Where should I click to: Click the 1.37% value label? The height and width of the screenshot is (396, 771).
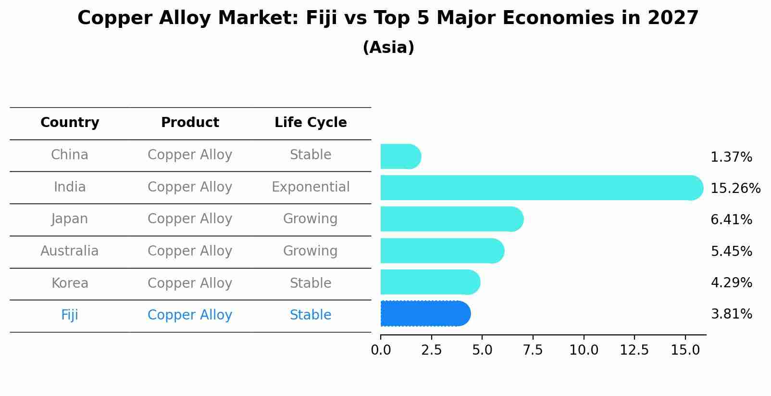tap(731, 157)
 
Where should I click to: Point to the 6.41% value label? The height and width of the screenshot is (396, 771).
tap(731, 220)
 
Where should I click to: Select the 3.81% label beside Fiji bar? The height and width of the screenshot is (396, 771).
tap(731, 314)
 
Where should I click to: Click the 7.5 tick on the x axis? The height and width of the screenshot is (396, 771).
tap(533, 350)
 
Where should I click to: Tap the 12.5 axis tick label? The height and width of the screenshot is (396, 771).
tap(634, 350)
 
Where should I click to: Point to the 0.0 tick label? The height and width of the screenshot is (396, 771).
tap(381, 350)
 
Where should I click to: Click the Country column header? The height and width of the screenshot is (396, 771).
tap(70, 123)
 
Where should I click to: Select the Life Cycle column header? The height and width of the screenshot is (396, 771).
tap(311, 123)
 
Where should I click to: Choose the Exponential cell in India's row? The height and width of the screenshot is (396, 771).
tap(311, 187)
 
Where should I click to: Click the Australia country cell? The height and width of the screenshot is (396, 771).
tap(70, 251)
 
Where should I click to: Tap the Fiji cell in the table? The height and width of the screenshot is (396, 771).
tap(70, 315)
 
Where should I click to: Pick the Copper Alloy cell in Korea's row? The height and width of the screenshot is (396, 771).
tap(190, 283)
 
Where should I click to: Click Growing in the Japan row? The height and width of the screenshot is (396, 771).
tap(311, 219)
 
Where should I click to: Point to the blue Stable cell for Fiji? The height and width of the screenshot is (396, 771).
tap(311, 315)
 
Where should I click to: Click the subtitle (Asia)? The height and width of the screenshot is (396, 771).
tap(388, 48)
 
